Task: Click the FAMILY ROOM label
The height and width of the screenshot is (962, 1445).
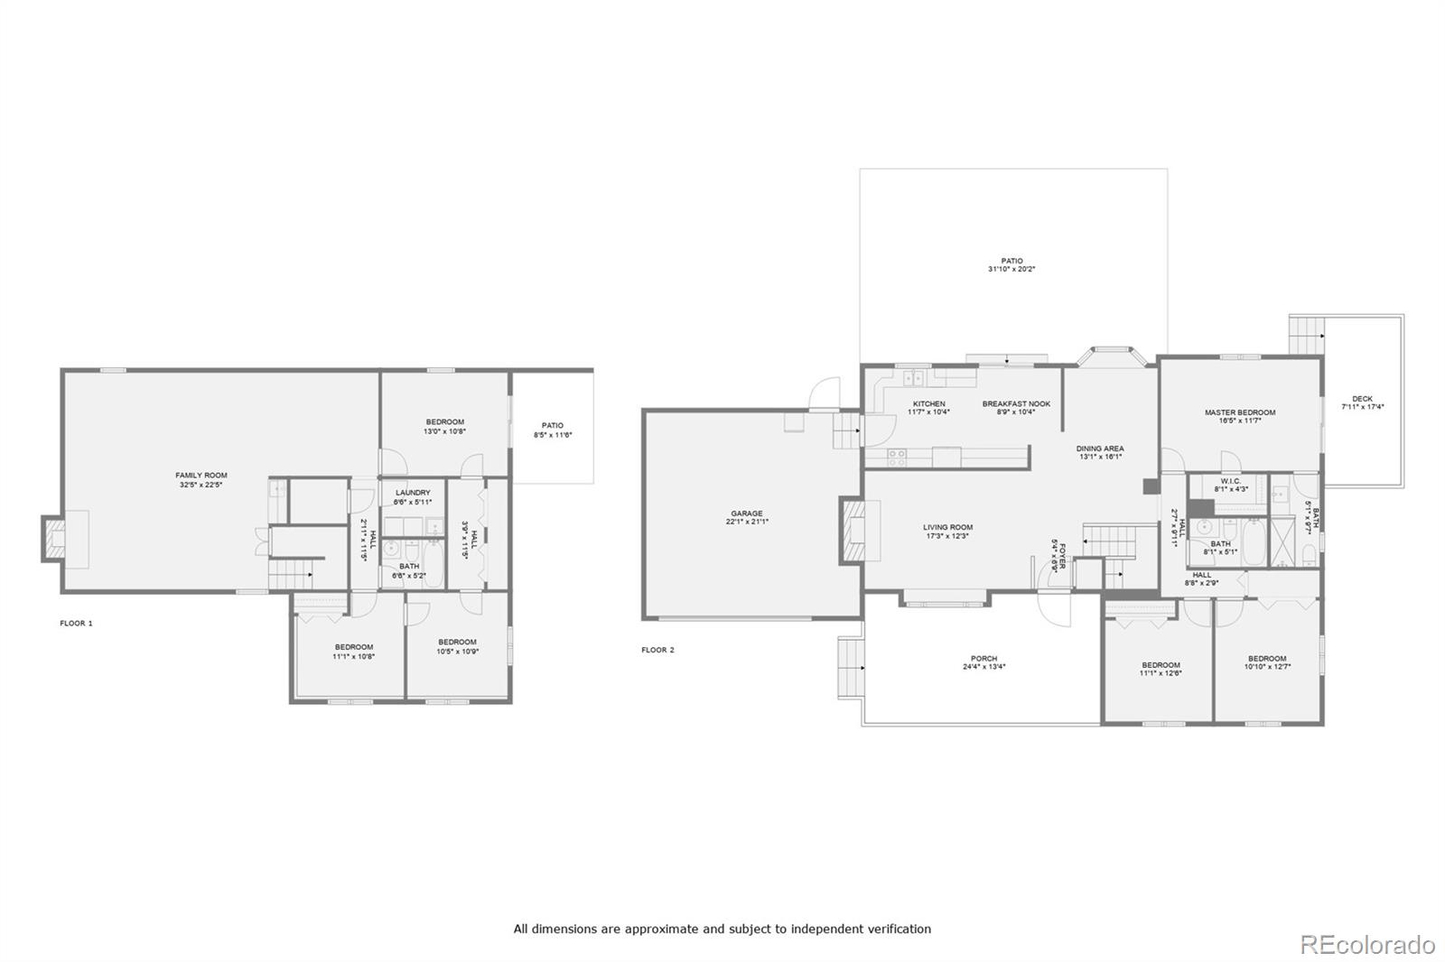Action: (x=200, y=475)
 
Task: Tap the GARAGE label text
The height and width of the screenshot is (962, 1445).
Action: (x=747, y=513)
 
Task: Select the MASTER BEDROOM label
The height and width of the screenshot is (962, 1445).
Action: (x=1239, y=412)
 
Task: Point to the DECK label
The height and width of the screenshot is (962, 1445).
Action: (x=1362, y=399)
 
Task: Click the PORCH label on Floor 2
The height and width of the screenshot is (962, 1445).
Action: (x=984, y=659)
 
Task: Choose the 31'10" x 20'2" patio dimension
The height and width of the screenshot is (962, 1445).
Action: (x=1011, y=269)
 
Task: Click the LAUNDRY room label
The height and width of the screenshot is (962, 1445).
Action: (x=413, y=493)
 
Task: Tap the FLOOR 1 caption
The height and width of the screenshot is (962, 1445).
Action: (x=76, y=623)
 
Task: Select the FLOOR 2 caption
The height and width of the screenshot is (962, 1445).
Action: (x=657, y=650)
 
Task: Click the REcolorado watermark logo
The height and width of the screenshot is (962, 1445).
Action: (x=1366, y=944)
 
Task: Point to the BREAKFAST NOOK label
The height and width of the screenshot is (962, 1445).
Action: (x=1016, y=403)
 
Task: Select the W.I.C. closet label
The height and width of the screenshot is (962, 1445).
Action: (x=1230, y=481)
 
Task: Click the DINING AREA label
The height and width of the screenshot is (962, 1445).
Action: (x=1099, y=449)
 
